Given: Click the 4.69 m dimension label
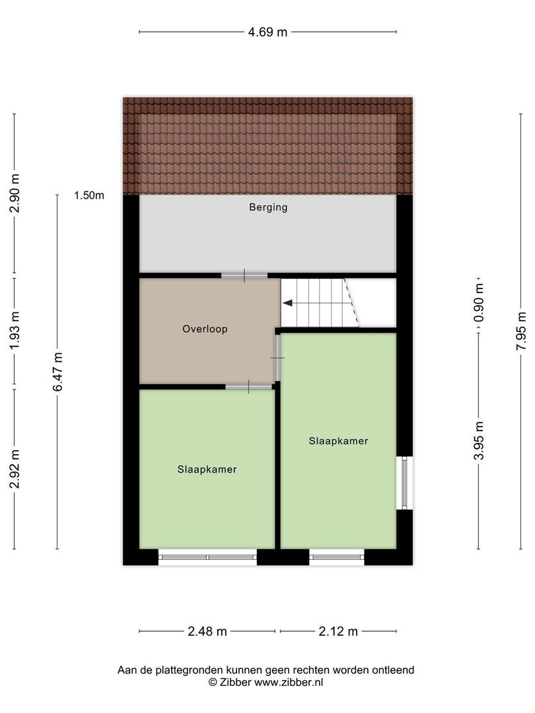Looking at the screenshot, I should pyautogui.click(x=267, y=32).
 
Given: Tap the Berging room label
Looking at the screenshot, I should pyautogui.click(x=268, y=207).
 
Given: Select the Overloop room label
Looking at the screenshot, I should pyautogui.click(x=205, y=329).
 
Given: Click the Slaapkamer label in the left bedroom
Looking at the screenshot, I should pyautogui.click(x=207, y=469).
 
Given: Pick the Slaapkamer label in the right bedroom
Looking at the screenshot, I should pyautogui.click(x=338, y=440).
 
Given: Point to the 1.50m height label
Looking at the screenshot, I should pyautogui.click(x=89, y=195).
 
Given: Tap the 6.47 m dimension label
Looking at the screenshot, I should pyautogui.click(x=57, y=372).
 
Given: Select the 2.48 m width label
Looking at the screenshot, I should pyautogui.click(x=207, y=632).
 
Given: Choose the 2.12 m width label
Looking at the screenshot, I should pyautogui.click(x=338, y=632).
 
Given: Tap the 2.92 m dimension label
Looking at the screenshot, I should pyautogui.click(x=14, y=469).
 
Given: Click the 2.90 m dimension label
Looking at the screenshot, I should pyautogui.click(x=14, y=193).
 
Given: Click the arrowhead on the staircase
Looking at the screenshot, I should pyautogui.click(x=287, y=304).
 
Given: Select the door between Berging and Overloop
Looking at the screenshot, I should pyautogui.click(x=244, y=275).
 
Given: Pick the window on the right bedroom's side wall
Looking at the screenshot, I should pyautogui.click(x=404, y=483).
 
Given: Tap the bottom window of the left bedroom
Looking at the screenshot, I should pyautogui.click(x=207, y=557).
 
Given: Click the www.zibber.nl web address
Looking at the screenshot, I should pyautogui.click(x=289, y=683).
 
